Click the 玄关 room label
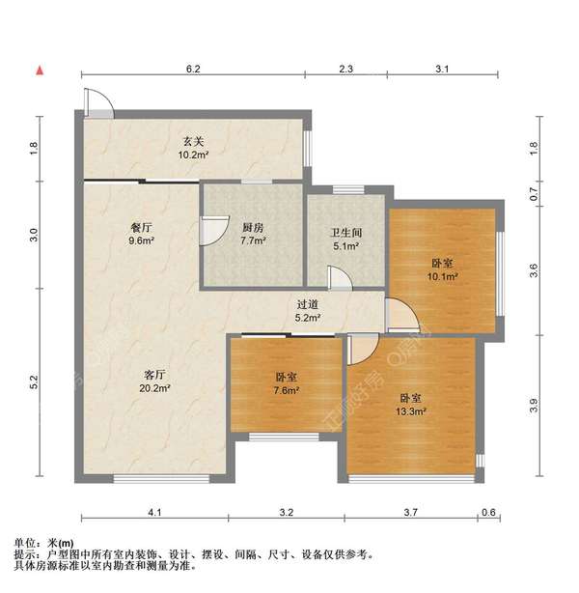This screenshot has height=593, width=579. [190, 141]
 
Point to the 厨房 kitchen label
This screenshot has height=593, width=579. [253, 228]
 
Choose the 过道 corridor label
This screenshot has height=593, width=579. [308, 303]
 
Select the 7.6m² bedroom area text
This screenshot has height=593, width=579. [286, 390]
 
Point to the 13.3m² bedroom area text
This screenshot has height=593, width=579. [411, 409]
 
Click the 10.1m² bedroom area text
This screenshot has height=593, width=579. [443, 275]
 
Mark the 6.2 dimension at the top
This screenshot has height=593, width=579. [193, 70]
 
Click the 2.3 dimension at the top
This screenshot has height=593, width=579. [347, 70]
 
